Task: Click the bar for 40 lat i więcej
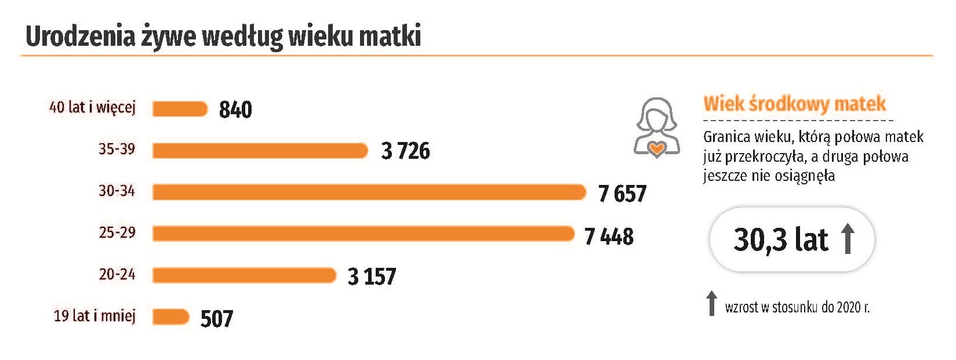180,109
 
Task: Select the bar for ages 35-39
260,151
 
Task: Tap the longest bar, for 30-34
369,192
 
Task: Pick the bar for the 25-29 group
363,234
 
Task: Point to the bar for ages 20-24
244,275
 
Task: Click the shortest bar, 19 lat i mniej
171,317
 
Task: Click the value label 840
235,110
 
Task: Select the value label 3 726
405,151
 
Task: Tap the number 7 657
622,194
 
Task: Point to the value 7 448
609,236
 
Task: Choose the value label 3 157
372,277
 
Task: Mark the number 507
216,319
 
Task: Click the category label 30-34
117,191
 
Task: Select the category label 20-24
117,274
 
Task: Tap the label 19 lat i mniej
94,316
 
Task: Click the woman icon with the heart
656,128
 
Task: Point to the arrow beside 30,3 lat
848,239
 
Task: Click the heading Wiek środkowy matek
794,104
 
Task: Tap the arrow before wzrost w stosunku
711,304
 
